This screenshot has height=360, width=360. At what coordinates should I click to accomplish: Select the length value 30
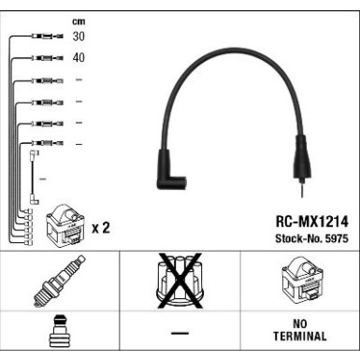[79, 37]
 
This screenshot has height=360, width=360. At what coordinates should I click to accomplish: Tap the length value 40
[79, 58]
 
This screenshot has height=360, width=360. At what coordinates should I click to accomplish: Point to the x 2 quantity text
[101, 227]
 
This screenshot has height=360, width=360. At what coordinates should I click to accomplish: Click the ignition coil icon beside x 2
[63, 223]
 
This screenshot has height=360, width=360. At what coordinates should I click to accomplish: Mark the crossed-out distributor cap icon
[180, 282]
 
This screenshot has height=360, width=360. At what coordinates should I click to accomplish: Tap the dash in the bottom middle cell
[180, 334]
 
